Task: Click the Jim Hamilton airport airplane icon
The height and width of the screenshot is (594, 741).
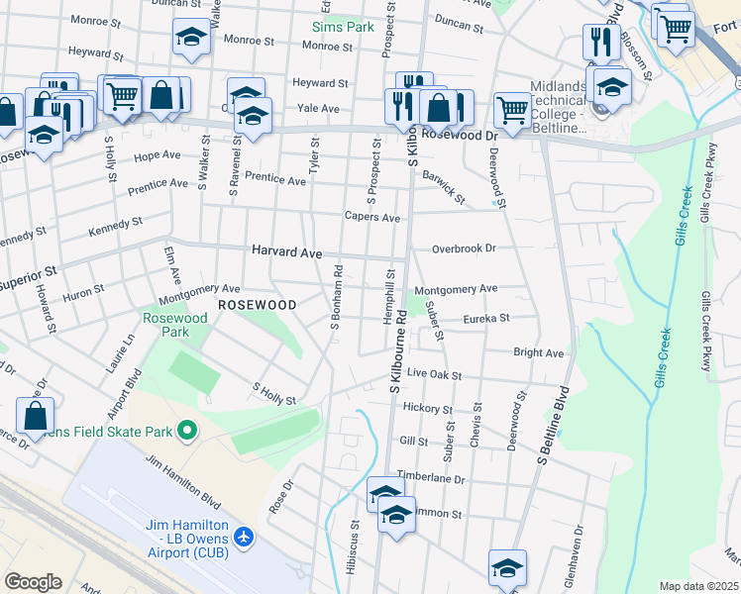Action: click(x=244, y=537)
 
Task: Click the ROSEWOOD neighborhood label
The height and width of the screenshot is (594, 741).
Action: click(x=257, y=305)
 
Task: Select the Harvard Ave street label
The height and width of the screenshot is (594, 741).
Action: click(x=286, y=252)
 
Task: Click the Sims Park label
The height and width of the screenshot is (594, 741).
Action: click(x=344, y=27)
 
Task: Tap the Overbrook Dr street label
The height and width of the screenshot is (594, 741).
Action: click(x=463, y=249)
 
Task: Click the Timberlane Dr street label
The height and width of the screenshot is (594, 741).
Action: click(x=431, y=477)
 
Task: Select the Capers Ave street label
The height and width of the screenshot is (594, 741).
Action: click(x=371, y=217)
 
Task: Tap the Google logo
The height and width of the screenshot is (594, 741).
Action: click(x=33, y=581)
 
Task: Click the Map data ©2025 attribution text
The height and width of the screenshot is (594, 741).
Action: click(x=698, y=586)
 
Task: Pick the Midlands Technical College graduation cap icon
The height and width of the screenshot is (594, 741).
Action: click(x=612, y=88)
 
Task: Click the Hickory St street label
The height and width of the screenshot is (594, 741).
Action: click(x=427, y=408)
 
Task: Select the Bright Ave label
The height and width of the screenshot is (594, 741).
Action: click(x=538, y=352)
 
